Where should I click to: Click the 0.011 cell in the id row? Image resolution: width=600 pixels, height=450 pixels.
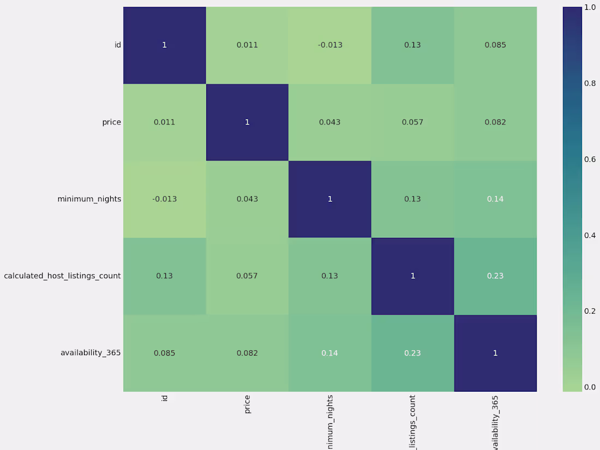[x=247, y=45]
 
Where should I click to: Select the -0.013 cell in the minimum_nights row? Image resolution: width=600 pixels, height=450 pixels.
[x=164, y=199]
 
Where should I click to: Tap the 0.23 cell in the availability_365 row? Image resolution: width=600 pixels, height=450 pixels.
[x=412, y=353]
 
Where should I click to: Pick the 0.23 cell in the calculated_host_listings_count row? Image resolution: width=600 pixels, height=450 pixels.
[x=495, y=276]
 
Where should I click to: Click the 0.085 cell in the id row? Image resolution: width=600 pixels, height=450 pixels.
[x=495, y=45]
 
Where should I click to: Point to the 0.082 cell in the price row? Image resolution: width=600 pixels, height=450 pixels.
[x=495, y=122]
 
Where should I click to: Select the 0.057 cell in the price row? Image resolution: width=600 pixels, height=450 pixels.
[x=412, y=122]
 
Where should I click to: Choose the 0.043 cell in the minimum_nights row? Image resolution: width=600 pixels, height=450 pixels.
[x=247, y=199]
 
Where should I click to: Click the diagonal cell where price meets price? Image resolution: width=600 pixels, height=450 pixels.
[x=247, y=122]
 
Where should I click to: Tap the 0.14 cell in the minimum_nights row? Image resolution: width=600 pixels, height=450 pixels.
[x=495, y=199]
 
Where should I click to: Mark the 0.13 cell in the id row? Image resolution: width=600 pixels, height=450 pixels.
[x=412, y=45]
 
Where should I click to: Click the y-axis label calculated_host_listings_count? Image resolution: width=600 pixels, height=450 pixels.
[x=62, y=276]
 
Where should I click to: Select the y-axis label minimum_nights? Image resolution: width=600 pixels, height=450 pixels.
[x=89, y=199]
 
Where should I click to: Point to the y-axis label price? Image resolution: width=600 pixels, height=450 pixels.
[x=111, y=122]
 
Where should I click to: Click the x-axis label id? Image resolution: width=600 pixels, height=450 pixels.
[x=164, y=398]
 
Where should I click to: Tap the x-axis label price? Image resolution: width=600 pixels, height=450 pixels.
[x=247, y=404]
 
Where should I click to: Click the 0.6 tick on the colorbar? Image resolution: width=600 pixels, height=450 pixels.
[x=590, y=159]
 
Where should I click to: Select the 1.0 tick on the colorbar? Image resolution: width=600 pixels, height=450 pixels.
[x=590, y=8]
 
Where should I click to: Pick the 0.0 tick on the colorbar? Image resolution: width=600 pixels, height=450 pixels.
[x=590, y=387]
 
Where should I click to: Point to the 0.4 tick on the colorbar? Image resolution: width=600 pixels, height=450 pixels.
[x=590, y=235]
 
